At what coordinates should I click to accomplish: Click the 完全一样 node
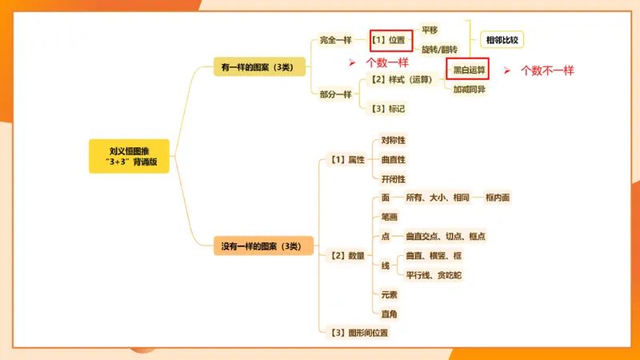[335, 40]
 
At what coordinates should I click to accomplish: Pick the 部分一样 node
[335, 94]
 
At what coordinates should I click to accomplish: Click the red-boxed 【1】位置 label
[391, 39]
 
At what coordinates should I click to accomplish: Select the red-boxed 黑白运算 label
[469, 70]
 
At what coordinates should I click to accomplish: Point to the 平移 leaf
[430, 30]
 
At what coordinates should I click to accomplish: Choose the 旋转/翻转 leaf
[439, 50]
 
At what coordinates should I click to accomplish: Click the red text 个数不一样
[547, 70]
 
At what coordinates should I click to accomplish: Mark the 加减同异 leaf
[469, 89]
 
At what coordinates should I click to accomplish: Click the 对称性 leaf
[393, 140]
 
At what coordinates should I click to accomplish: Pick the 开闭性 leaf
[393, 179]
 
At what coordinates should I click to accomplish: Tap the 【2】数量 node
[347, 256]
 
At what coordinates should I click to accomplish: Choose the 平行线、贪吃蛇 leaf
[434, 275]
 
